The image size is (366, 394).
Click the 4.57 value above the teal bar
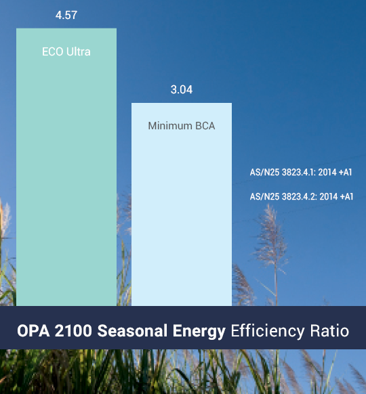coord(66,15)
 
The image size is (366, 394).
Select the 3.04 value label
coord(182,90)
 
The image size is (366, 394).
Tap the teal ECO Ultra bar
coord(66,167)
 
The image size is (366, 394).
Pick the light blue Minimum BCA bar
coord(182,204)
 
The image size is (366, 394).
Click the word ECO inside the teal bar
coord(53,51)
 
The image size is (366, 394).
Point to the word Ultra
coord(79,51)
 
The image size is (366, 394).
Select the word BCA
coord(205,126)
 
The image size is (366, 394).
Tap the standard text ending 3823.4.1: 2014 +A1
coord(301,173)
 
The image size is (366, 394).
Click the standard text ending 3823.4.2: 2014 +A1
coord(302,196)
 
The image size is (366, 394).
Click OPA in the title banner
coord(33,330)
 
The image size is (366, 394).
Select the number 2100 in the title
coord(73,330)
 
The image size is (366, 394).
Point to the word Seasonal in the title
coord(132,330)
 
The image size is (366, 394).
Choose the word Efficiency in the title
coord(268,331)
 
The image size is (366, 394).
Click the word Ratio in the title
coord(329,330)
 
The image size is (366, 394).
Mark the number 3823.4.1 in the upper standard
coord(299,173)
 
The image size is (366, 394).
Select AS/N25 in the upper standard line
coord(264,173)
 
